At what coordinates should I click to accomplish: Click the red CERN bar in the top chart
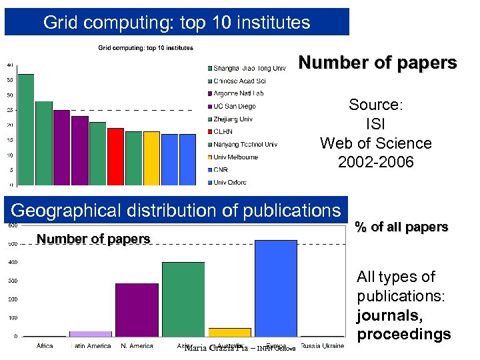[x=115, y=157]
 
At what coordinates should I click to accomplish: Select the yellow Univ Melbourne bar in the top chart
[x=151, y=158]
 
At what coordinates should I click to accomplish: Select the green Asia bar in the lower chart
[x=183, y=299]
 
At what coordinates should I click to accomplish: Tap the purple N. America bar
[x=137, y=310]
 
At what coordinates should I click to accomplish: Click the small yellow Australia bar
[x=229, y=332]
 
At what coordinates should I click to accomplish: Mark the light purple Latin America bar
[x=91, y=333]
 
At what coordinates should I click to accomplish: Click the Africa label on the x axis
[x=44, y=346]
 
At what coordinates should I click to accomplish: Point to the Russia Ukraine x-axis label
[x=322, y=346]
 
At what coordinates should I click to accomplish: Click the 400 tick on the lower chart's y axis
[x=13, y=262]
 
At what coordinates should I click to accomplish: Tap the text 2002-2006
[x=375, y=162]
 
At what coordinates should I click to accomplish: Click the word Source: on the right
[x=375, y=105]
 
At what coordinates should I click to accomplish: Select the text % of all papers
[x=401, y=227]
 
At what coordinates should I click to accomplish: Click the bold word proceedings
[x=403, y=334]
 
